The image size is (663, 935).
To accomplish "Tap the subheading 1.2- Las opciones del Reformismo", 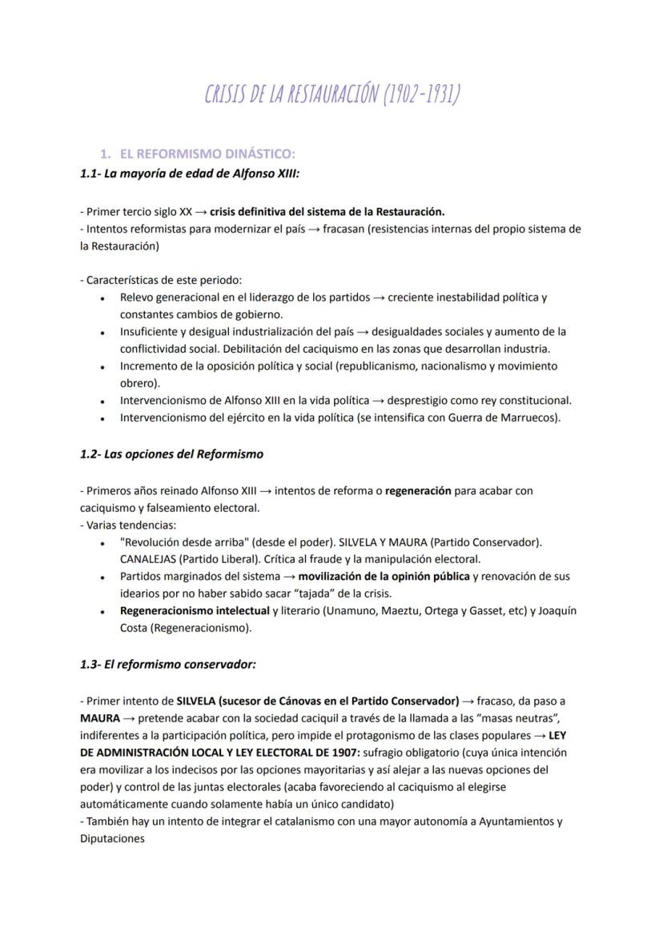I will click(x=171, y=454).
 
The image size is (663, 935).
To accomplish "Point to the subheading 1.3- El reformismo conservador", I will click(x=167, y=664).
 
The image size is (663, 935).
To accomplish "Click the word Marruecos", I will click(x=530, y=418).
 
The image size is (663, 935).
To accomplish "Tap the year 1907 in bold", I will click(x=344, y=753).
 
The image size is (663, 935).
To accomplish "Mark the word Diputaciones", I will click(x=112, y=840).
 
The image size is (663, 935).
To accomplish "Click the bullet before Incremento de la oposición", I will click(x=104, y=366).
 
